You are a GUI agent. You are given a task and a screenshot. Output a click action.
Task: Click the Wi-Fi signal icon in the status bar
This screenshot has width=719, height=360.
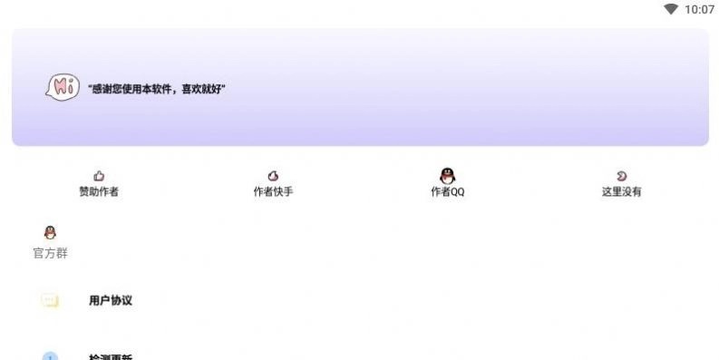coord(671,9)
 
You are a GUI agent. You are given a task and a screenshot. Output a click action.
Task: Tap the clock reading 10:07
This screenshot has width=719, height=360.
coord(699,9)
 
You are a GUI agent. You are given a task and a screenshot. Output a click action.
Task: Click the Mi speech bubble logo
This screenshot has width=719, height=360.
coord(61,88)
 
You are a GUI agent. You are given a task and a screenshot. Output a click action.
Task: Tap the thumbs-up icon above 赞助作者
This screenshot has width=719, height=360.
coord(99,176)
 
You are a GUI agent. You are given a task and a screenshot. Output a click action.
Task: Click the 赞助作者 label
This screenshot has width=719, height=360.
coord(99,192)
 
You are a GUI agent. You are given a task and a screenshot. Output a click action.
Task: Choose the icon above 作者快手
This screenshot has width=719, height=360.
coord(273,176)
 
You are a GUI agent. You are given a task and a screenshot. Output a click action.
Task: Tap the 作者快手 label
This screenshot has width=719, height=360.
coord(273,192)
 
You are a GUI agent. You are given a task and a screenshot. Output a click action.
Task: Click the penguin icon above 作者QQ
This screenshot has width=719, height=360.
coord(447,175)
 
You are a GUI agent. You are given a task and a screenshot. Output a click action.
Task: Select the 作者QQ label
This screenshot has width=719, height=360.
coord(447,192)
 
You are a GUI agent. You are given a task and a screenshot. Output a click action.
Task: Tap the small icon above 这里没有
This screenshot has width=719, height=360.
coord(621,176)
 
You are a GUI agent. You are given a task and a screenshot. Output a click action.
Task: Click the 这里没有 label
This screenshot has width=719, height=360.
coord(621,192)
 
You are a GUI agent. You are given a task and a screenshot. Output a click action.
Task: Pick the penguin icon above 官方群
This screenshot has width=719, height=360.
coord(50,233)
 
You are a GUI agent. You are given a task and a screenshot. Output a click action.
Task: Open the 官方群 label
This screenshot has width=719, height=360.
coord(50,253)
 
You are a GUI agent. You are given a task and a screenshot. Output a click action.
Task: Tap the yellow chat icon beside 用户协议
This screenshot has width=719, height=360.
coord(50,300)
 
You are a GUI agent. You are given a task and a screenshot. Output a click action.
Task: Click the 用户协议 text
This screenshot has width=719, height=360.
coord(111,300)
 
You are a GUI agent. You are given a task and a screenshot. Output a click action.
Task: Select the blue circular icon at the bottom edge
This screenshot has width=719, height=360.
coord(50,356)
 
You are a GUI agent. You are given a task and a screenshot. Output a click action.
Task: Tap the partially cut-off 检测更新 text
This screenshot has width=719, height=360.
coord(111,357)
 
